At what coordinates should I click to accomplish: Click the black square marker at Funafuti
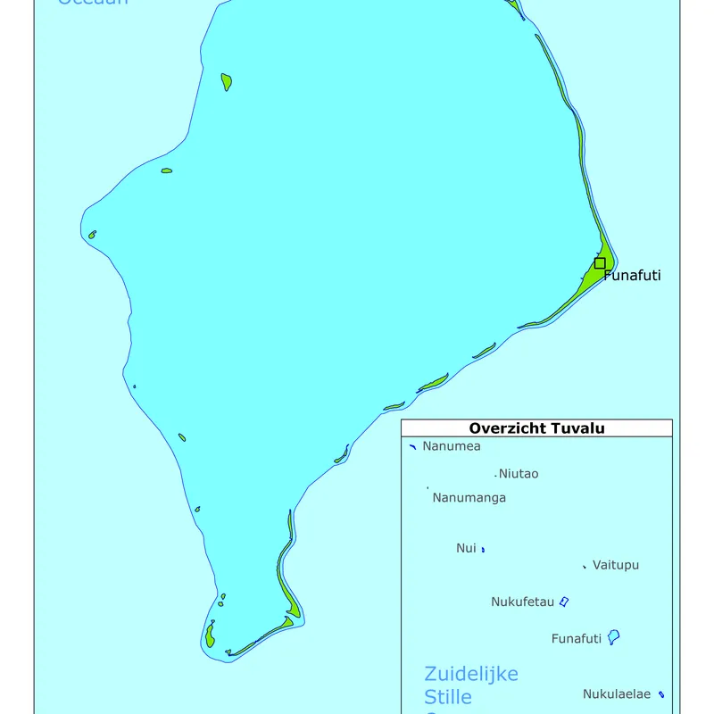point(600,263)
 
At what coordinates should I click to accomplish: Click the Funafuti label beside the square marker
point(632,276)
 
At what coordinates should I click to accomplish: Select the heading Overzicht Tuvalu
point(536,428)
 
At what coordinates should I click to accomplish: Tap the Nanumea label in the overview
point(452,446)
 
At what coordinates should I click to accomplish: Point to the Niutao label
point(519,474)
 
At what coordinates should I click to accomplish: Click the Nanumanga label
point(469,497)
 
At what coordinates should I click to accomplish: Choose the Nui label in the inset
point(466,548)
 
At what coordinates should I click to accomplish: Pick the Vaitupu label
point(616,565)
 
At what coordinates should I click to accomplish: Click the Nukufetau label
point(523,602)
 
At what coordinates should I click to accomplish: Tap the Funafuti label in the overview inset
point(577,638)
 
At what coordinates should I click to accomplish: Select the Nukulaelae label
point(617,694)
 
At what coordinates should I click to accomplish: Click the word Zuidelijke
point(471,674)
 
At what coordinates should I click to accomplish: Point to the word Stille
point(448,696)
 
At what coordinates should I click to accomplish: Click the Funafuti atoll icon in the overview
point(613,637)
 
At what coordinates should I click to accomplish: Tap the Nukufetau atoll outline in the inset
point(564,602)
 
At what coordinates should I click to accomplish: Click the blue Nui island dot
point(483,549)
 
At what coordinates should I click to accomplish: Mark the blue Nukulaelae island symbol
point(661,694)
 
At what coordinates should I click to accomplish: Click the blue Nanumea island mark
point(412,446)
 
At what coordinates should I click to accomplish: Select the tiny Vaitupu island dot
point(585,566)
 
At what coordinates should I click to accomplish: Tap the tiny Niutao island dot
point(495,476)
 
